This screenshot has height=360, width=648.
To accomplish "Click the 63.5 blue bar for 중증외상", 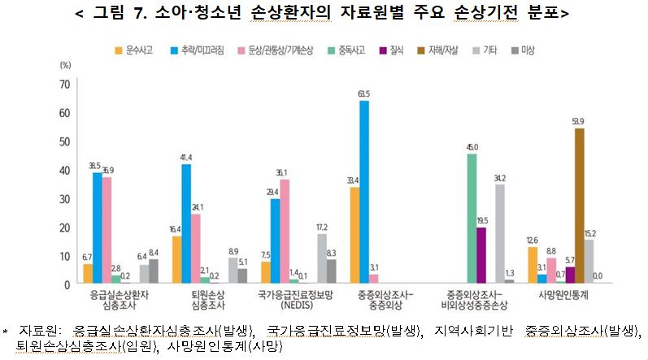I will click(363, 193).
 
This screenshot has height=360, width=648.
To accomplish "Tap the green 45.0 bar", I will click(471, 219).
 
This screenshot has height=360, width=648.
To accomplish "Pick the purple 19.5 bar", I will click(481, 255).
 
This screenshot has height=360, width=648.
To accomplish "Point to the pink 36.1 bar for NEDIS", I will click(285, 232).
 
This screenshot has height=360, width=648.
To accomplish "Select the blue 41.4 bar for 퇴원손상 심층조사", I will click(186, 224).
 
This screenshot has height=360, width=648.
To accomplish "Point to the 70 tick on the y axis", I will click(64, 85).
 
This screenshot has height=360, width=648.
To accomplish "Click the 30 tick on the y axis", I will click(64, 199).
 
